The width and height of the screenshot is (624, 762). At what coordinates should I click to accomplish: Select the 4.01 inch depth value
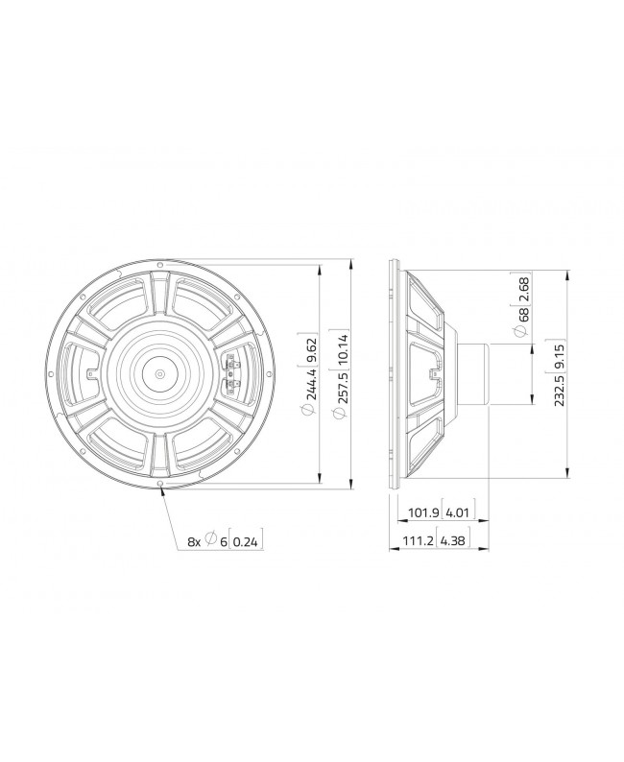[458, 513]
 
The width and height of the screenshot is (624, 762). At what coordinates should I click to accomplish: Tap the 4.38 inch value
[458, 541]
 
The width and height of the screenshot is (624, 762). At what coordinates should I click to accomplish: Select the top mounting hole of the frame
[160, 259]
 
